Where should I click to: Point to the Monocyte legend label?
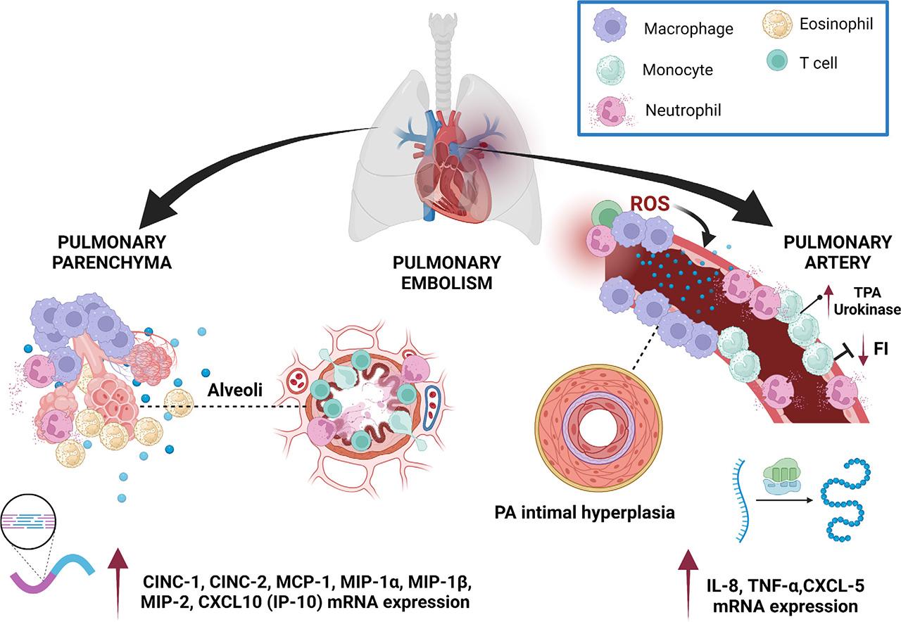[x=677, y=70]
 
